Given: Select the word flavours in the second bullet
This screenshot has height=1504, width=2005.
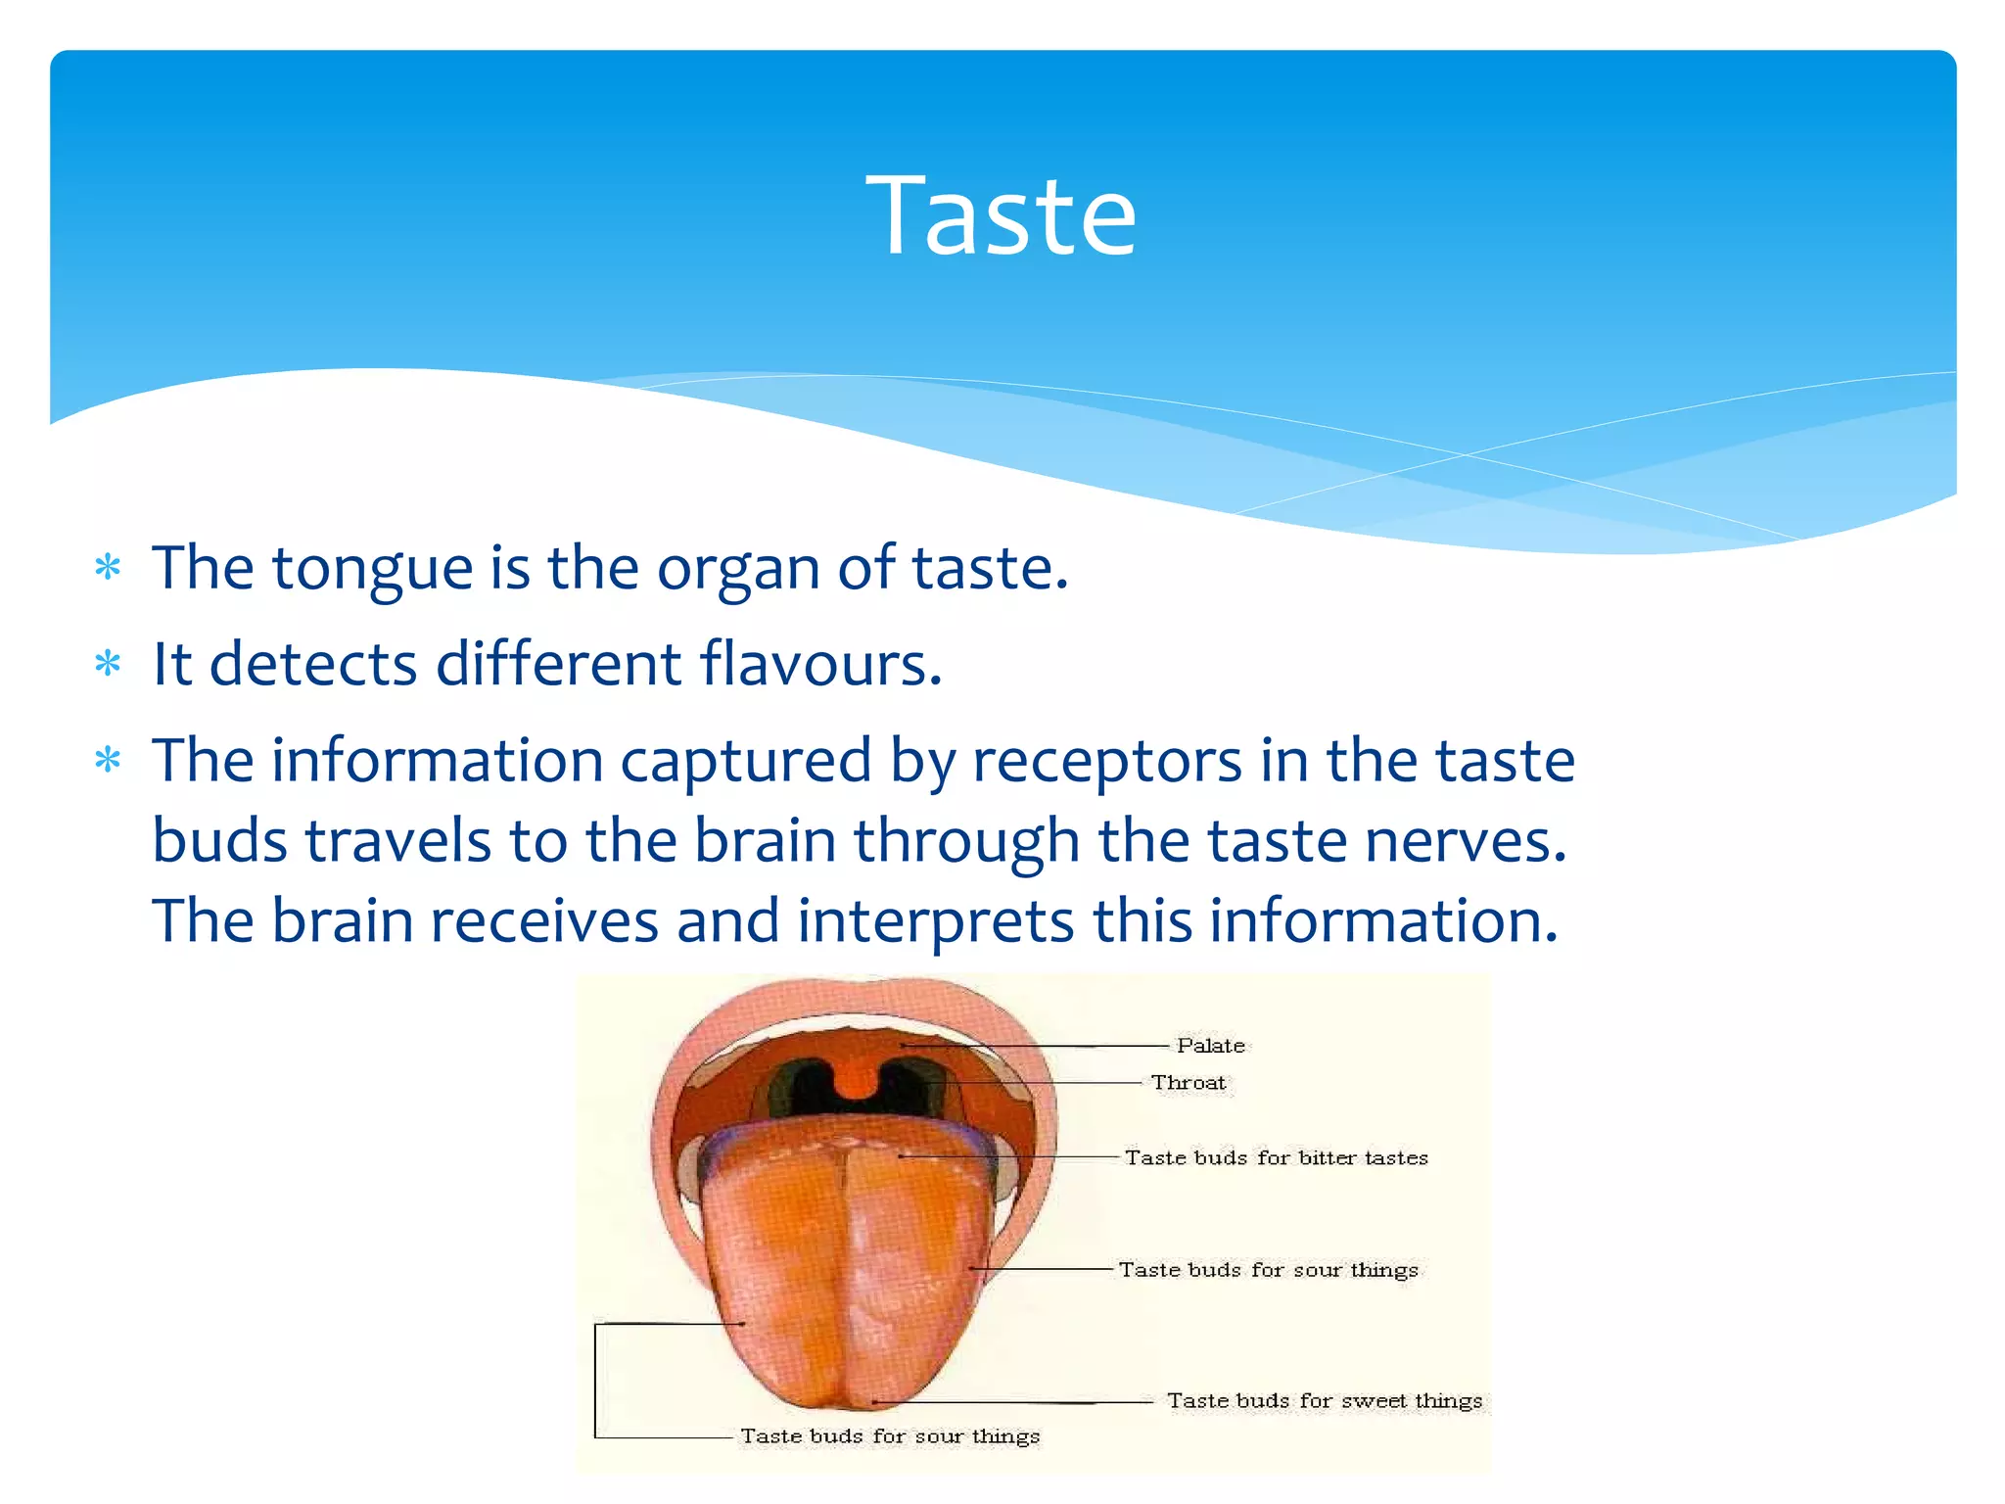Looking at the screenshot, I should (x=820, y=665).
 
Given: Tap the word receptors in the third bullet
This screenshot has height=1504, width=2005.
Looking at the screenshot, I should (x=1106, y=762).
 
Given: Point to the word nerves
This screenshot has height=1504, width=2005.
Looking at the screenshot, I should (x=1466, y=841).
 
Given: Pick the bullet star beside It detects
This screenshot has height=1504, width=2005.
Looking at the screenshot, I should (x=108, y=666).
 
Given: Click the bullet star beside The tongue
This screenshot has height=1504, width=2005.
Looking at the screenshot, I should (x=108, y=569).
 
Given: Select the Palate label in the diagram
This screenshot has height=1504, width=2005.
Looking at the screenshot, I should (x=1211, y=1046).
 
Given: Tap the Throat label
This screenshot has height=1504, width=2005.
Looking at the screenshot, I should (x=1188, y=1083).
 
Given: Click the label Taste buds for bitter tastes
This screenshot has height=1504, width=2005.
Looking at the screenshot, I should (x=1276, y=1158).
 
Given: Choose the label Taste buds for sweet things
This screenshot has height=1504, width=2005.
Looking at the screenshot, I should (x=1324, y=1401).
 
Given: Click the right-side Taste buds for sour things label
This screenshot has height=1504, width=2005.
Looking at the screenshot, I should (x=1268, y=1270).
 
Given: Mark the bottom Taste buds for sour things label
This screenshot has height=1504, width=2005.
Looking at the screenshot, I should (x=889, y=1436).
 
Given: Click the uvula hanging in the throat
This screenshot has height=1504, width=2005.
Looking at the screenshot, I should (x=859, y=1080).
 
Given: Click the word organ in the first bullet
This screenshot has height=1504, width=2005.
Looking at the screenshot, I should (x=738, y=569).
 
